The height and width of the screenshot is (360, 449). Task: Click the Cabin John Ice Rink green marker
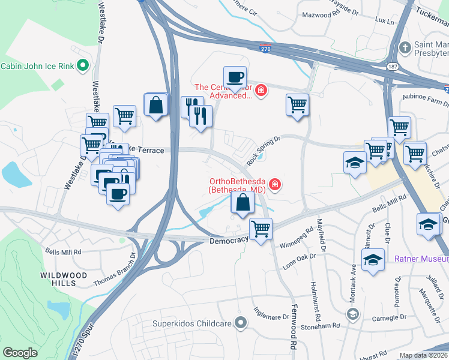(83, 66)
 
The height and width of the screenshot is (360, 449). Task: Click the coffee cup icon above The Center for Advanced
(235, 77)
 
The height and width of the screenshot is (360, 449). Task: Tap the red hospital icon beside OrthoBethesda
(275, 184)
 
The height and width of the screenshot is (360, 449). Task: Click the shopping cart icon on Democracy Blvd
(261, 229)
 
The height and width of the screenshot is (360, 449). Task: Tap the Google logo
(19, 353)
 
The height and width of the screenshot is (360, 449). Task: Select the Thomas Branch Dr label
(115, 269)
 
